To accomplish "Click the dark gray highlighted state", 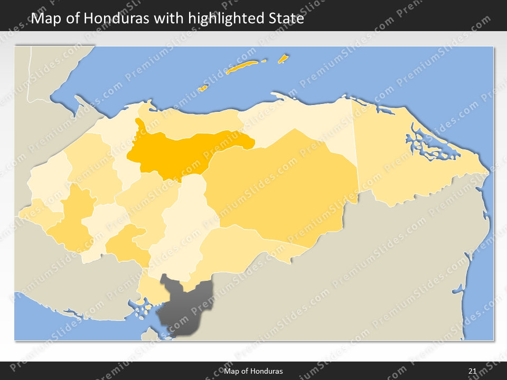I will [x=185, y=306].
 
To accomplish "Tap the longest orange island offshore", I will [x=242, y=67].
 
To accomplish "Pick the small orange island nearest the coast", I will [x=202, y=88].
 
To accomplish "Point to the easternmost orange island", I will [x=284, y=59].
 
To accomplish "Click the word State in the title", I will [x=285, y=18].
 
